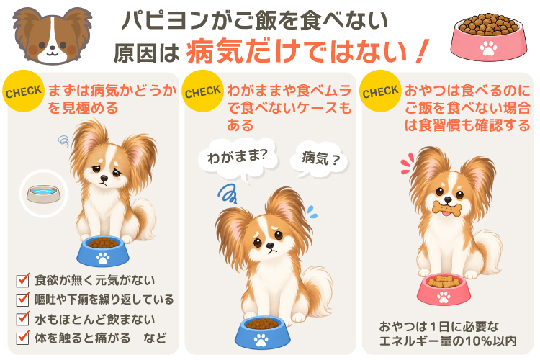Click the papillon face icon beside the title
point(53,35)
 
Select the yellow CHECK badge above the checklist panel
point(24,91)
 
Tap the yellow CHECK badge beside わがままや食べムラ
point(202,91)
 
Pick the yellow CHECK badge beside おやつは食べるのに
point(380,91)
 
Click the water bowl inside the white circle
point(43,194)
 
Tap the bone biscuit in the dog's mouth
point(446,209)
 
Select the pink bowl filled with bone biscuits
point(444,289)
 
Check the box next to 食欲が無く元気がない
point(23,280)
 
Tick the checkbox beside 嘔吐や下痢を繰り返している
point(23,299)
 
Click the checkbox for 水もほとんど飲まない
point(23,319)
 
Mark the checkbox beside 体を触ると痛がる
point(23,337)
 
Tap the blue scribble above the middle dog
point(228,194)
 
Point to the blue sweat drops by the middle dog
point(312,212)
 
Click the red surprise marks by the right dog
point(407,163)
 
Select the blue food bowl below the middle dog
point(262,332)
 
